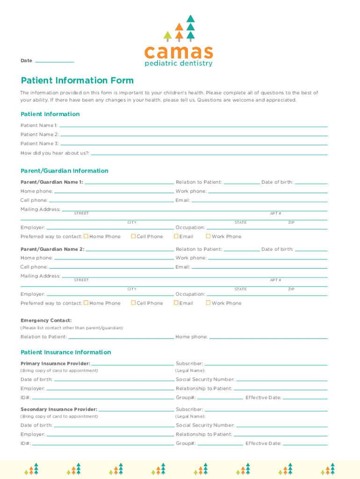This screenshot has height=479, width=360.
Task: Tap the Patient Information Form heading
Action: [77, 80]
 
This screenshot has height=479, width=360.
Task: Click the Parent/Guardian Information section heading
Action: [65, 171]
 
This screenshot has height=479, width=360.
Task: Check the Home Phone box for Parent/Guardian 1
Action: [86, 236]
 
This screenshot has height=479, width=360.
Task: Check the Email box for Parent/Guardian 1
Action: [176, 236]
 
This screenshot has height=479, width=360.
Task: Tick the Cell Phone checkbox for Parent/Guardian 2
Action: [133, 303]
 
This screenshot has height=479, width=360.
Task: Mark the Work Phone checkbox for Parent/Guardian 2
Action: [208, 303]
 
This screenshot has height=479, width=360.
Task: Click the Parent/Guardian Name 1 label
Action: [52, 182]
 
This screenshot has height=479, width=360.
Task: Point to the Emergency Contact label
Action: [46, 320]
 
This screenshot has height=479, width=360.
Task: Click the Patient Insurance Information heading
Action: [66, 352]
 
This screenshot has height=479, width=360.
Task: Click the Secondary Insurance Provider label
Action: [59, 409]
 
